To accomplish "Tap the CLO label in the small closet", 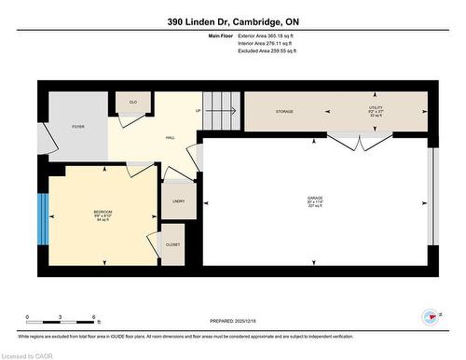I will [132, 103].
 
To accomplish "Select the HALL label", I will [171, 137].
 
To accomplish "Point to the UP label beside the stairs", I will [198, 111].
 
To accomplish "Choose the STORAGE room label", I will [284, 112].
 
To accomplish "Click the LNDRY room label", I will [178, 201].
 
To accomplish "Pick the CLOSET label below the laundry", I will [173, 244].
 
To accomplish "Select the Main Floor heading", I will [222, 36].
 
